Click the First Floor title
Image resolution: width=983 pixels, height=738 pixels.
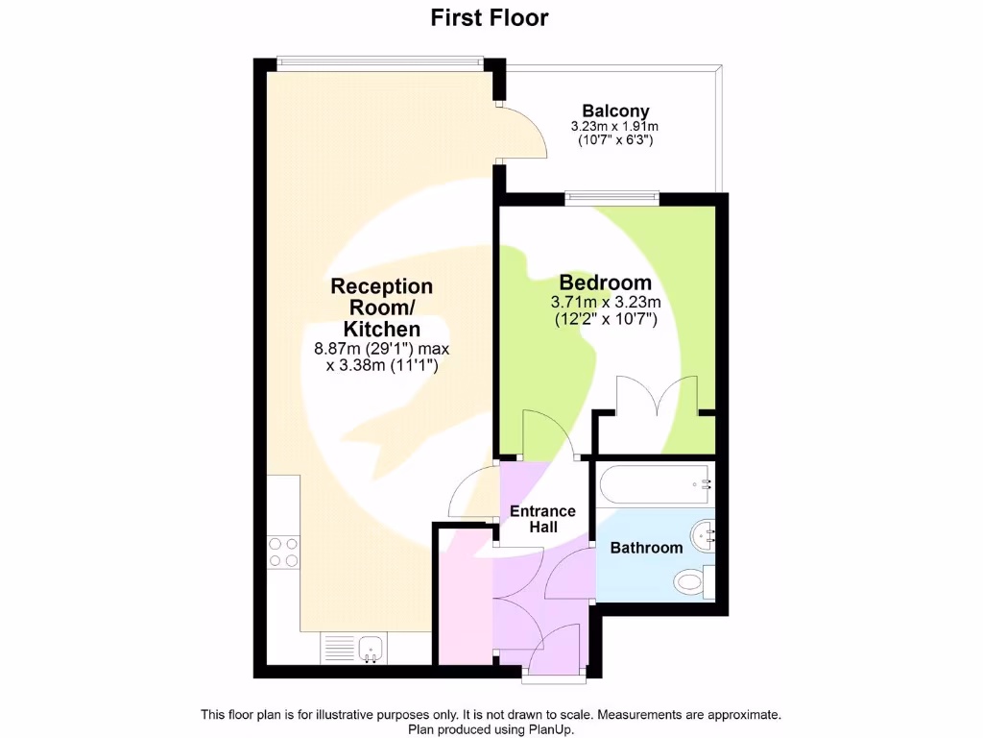[x=490, y=17]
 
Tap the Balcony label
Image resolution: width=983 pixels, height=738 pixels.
[x=615, y=111]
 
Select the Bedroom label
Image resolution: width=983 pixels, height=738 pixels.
[x=605, y=283]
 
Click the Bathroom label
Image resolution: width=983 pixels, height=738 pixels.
[x=646, y=548]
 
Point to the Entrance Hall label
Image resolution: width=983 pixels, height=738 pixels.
[x=542, y=519]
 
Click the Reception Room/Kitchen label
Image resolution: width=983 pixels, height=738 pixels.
[x=381, y=307]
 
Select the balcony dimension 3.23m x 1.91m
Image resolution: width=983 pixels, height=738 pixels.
[x=615, y=127]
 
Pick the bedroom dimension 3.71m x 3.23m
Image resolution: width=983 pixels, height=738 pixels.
[x=605, y=302]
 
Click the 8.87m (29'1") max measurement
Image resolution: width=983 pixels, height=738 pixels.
[x=382, y=348]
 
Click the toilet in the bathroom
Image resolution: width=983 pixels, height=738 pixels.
[x=691, y=580]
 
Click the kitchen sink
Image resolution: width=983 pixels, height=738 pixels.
[x=371, y=649]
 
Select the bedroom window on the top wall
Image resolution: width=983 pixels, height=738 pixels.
[x=611, y=199]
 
